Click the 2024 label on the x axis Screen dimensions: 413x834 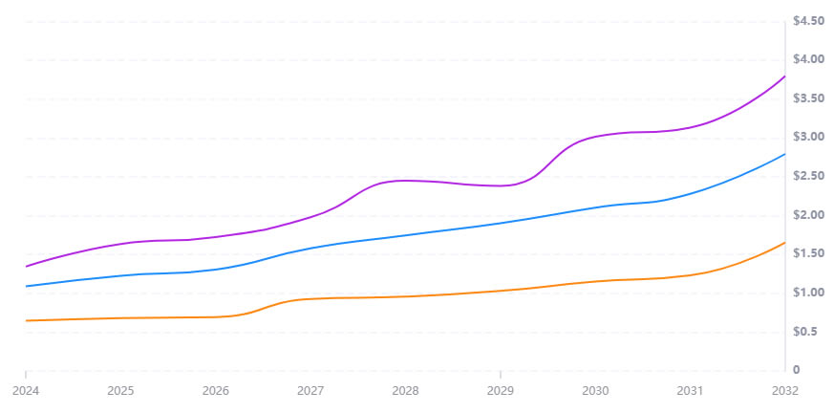[x=26, y=390]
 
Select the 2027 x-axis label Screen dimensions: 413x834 [x=310, y=390]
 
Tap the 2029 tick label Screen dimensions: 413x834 [x=501, y=390]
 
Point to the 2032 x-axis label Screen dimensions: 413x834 [x=784, y=390]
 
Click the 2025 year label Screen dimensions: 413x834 [x=120, y=390]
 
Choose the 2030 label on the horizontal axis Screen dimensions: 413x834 [x=595, y=390]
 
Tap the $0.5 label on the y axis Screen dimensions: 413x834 [x=804, y=332]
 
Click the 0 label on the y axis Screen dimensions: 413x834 [x=795, y=370]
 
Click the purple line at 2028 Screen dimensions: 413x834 [x=406, y=180]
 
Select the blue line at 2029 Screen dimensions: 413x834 [x=501, y=222]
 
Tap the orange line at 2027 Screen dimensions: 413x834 [x=310, y=298]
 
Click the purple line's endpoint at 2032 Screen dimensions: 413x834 [x=784, y=76]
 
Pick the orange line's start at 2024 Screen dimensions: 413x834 [x=27, y=320]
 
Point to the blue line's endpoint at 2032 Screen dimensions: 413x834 [x=784, y=154]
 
